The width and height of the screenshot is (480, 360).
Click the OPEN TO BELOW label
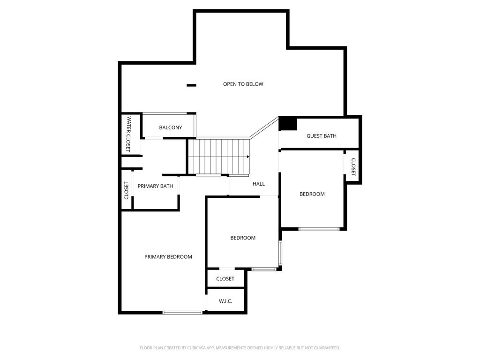click(x=243, y=84)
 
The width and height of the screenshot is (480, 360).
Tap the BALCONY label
click(x=171, y=127)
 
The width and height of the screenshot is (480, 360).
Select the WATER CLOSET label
click(x=128, y=134)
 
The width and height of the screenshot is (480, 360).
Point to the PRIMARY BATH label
click(x=155, y=186)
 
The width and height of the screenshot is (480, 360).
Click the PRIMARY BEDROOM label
click(x=168, y=257)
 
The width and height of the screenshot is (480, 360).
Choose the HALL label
click(x=259, y=184)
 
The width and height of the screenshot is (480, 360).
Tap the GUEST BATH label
click(x=322, y=136)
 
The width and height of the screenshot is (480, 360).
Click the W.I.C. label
click(x=225, y=301)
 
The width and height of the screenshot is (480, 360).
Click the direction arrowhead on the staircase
click(x=248, y=157)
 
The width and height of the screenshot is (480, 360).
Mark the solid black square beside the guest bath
click(x=288, y=124)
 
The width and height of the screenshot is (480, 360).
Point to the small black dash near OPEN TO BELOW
click(x=192, y=85)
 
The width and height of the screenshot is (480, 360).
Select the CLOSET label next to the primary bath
click(x=126, y=191)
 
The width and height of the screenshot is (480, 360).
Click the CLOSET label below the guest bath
click(x=353, y=167)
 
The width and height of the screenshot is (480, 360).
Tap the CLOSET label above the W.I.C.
click(x=225, y=279)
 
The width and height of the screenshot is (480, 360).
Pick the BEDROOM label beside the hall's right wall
click(x=312, y=194)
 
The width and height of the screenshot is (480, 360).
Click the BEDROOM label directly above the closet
click(x=243, y=238)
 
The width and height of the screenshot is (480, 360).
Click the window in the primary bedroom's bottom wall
click(x=182, y=313)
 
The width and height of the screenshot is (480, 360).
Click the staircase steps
click(x=219, y=157)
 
